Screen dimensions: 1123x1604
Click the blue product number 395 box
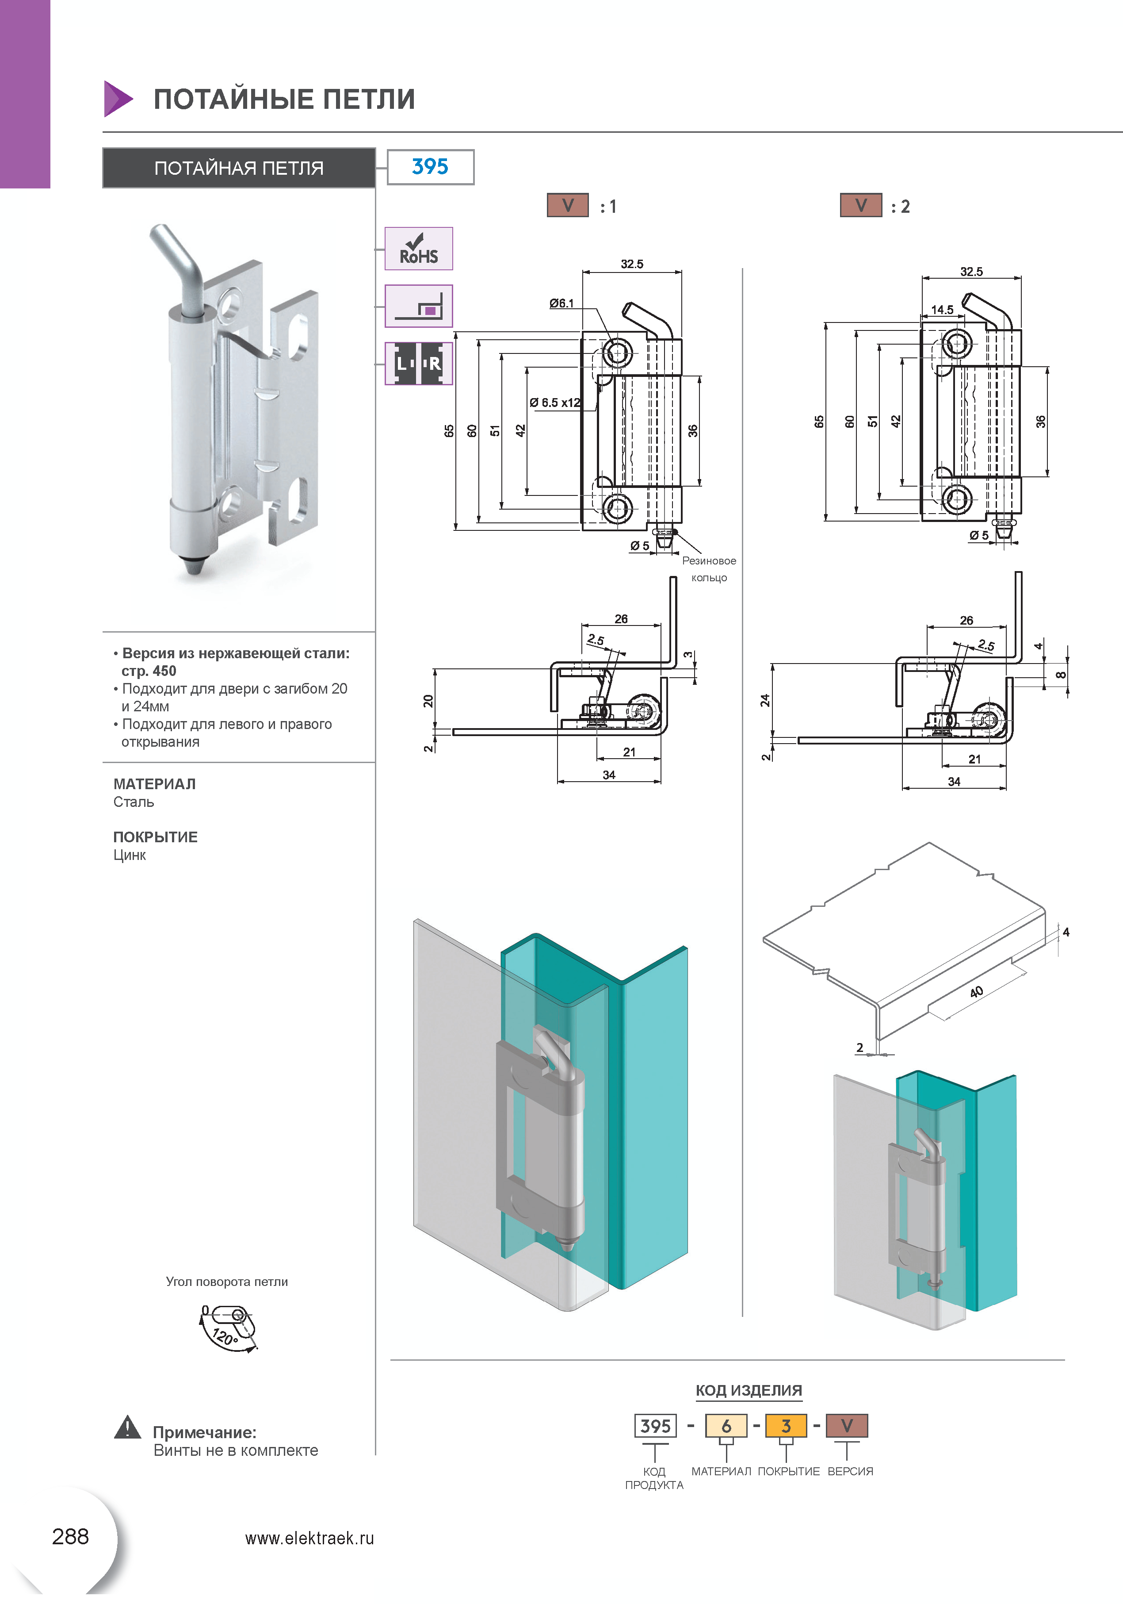(x=430, y=167)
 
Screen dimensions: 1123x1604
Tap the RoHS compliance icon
(x=418, y=249)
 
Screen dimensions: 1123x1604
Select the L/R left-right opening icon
(x=418, y=363)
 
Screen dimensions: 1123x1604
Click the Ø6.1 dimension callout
(x=561, y=303)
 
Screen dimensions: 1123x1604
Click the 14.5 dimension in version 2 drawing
(x=942, y=310)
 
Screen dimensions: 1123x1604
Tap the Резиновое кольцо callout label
(x=709, y=569)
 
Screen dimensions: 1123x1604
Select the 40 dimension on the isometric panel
(x=976, y=991)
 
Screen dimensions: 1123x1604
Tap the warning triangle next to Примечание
(x=127, y=1427)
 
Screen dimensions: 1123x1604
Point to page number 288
(x=71, y=1536)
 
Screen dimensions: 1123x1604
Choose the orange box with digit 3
(x=787, y=1426)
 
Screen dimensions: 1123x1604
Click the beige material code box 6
(x=726, y=1426)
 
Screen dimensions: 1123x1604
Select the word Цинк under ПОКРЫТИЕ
(x=130, y=855)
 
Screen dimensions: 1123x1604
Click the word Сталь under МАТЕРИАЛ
(x=134, y=802)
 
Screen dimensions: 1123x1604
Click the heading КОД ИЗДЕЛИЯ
(x=749, y=1390)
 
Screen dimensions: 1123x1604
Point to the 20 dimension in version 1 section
(x=428, y=701)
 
